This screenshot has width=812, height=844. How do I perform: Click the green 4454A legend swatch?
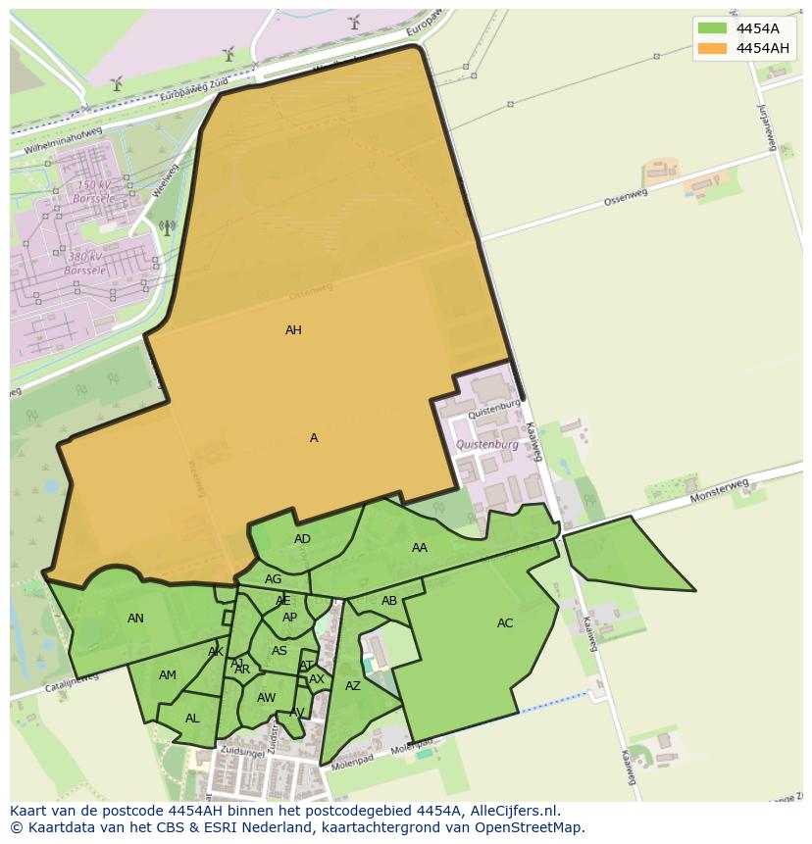pyautogui.click(x=713, y=28)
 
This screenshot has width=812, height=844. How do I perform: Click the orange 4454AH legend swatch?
pyautogui.click(x=713, y=48)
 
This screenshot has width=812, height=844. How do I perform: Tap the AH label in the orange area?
pyautogui.click(x=293, y=330)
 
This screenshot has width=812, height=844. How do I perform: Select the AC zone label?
pyautogui.click(x=505, y=623)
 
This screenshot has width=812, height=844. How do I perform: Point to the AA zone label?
pyautogui.click(x=420, y=548)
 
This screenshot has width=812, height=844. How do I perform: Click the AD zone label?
pyautogui.click(x=302, y=539)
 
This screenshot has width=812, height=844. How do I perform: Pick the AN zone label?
pyautogui.click(x=135, y=619)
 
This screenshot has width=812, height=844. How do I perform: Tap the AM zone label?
pyautogui.click(x=168, y=675)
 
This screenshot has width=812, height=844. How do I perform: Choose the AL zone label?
pyautogui.click(x=192, y=719)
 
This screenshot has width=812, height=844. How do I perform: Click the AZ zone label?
pyautogui.click(x=353, y=686)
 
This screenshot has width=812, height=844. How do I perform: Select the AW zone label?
pyautogui.click(x=266, y=698)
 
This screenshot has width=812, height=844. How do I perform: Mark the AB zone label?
pyautogui.click(x=389, y=601)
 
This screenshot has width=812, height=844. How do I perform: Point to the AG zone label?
pyautogui.click(x=274, y=579)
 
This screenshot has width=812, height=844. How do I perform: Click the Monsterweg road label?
pyautogui.click(x=719, y=490)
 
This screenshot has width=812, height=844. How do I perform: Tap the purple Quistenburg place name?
pyautogui.click(x=487, y=444)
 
